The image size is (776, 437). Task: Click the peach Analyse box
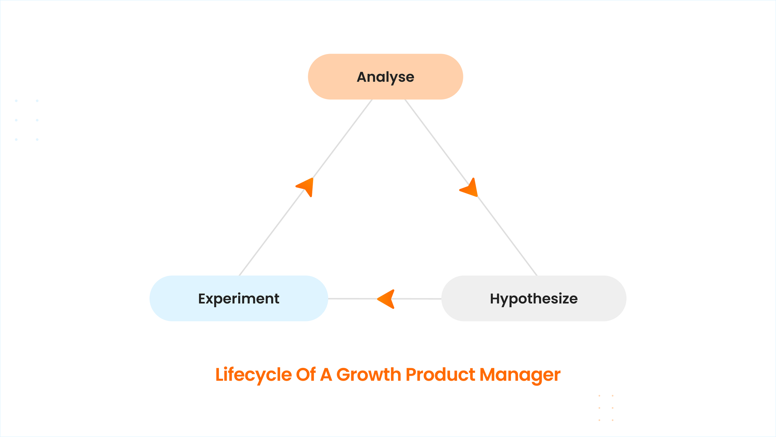(x=385, y=77)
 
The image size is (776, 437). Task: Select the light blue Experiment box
(x=239, y=298)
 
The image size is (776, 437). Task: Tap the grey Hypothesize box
(x=534, y=298)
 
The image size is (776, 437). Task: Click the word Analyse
(x=385, y=77)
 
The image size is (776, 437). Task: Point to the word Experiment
(x=239, y=299)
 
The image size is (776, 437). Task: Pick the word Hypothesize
(x=534, y=299)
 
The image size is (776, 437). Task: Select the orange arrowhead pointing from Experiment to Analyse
(x=305, y=187)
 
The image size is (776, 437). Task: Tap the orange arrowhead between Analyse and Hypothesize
(x=469, y=188)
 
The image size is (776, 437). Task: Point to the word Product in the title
(x=440, y=374)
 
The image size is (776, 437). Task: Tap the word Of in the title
(x=306, y=374)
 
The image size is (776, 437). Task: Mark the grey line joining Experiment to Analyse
(x=306, y=188)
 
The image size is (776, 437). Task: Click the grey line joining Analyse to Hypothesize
(x=471, y=188)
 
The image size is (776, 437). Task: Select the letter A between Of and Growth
(x=326, y=375)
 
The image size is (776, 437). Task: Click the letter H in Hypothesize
(x=495, y=298)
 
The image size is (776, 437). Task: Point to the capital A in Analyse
(x=363, y=77)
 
